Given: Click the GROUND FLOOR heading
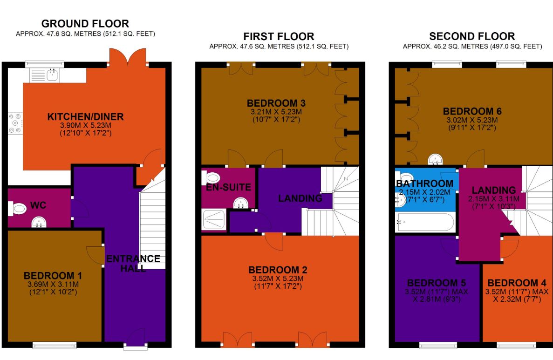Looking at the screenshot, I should (x=85, y=23).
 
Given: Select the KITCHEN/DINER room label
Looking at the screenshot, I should (x=85, y=116).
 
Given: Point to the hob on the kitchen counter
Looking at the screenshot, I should (x=14, y=123).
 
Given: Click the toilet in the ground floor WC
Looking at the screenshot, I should (x=17, y=209).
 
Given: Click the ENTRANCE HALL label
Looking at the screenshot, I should (x=133, y=264).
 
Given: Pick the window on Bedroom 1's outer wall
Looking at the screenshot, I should (x=54, y=345).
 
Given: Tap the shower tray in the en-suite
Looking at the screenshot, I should (x=214, y=220).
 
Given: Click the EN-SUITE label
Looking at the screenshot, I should (x=228, y=188).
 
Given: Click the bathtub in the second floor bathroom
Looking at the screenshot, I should (x=424, y=223).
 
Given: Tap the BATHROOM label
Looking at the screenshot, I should (x=424, y=183).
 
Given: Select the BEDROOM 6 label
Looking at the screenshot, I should (x=472, y=111).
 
